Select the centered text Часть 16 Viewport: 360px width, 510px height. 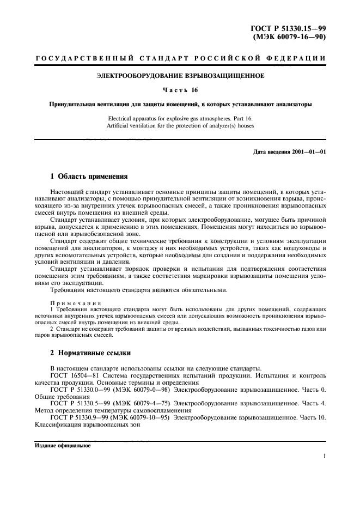pos(180,90)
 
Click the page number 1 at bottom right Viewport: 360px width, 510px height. pos(324,466)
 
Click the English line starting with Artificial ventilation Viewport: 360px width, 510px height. pos(180,126)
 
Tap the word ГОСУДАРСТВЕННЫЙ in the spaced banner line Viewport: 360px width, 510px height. pos(71,58)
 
